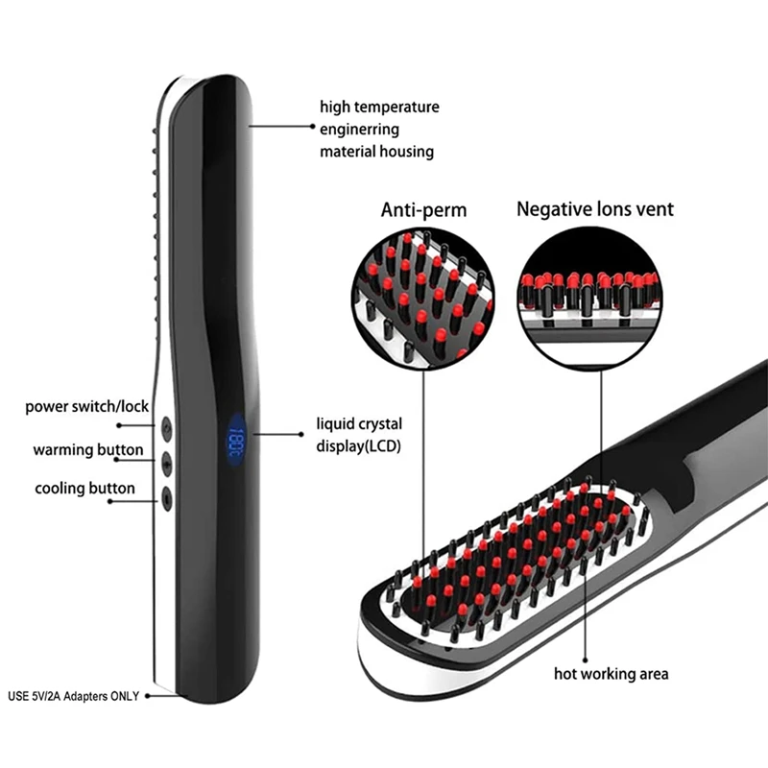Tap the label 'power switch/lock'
click(x=87, y=406)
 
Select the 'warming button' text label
click(x=88, y=449)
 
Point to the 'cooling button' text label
click(x=85, y=489)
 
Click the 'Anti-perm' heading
click(x=424, y=210)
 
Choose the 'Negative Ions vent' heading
click(x=595, y=208)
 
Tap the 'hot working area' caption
click(x=611, y=673)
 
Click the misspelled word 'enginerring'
click(x=359, y=129)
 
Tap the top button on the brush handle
click(x=167, y=423)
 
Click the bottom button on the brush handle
click(x=167, y=495)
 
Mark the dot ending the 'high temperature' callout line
click(x=249, y=123)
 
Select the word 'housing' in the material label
click(x=406, y=151)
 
